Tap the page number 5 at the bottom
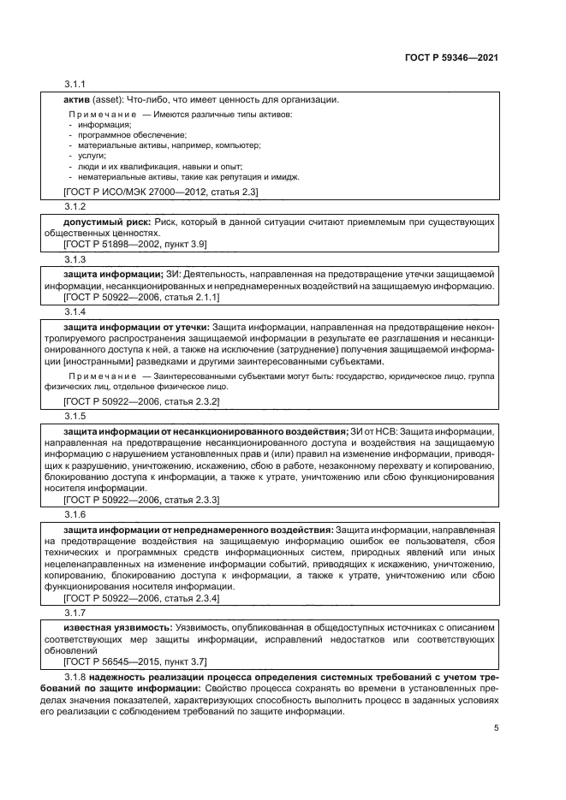496,728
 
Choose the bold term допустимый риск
104,222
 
